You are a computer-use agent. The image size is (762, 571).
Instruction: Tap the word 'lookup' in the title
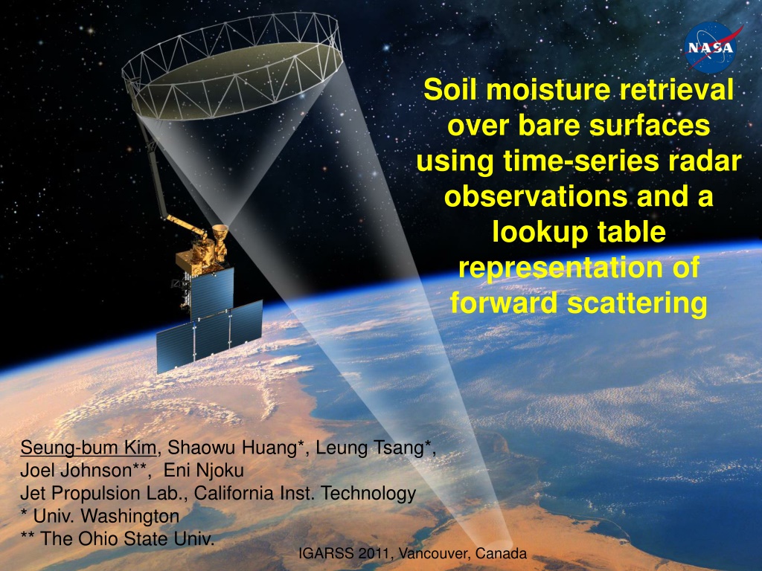535,232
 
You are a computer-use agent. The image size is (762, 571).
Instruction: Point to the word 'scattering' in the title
637,303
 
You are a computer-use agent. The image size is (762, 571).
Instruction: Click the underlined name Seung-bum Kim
88,448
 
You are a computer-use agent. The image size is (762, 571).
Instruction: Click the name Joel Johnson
76,470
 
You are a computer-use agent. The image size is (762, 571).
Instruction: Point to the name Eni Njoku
203,470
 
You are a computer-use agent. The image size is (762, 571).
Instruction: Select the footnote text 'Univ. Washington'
106,516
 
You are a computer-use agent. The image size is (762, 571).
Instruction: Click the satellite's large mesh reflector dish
232,68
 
